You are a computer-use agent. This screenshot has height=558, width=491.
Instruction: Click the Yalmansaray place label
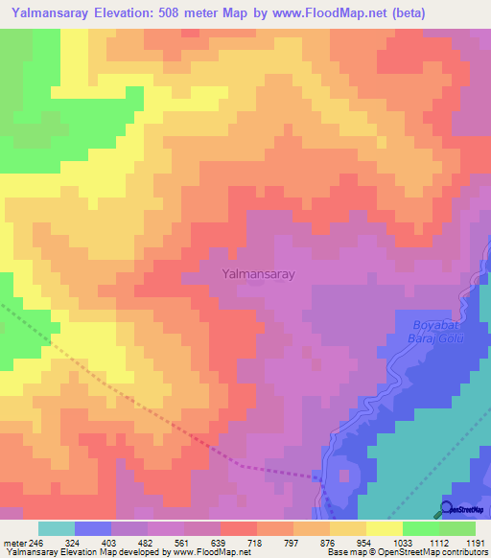[x=257, y=273]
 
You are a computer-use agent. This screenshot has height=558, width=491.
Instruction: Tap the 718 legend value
[x=254, y=543]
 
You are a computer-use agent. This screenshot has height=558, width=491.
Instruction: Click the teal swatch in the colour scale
[x=57, y=528]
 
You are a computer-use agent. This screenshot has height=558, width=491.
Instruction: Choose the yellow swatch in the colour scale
[x=385, y=528]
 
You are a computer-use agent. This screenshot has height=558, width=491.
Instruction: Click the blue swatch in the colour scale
[x=93, y=528]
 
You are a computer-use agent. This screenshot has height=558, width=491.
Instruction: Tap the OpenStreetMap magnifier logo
[x=447, y=508]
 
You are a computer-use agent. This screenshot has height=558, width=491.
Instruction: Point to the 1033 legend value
[x=397, y=543]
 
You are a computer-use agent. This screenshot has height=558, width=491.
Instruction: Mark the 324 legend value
[x=75, y=543]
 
